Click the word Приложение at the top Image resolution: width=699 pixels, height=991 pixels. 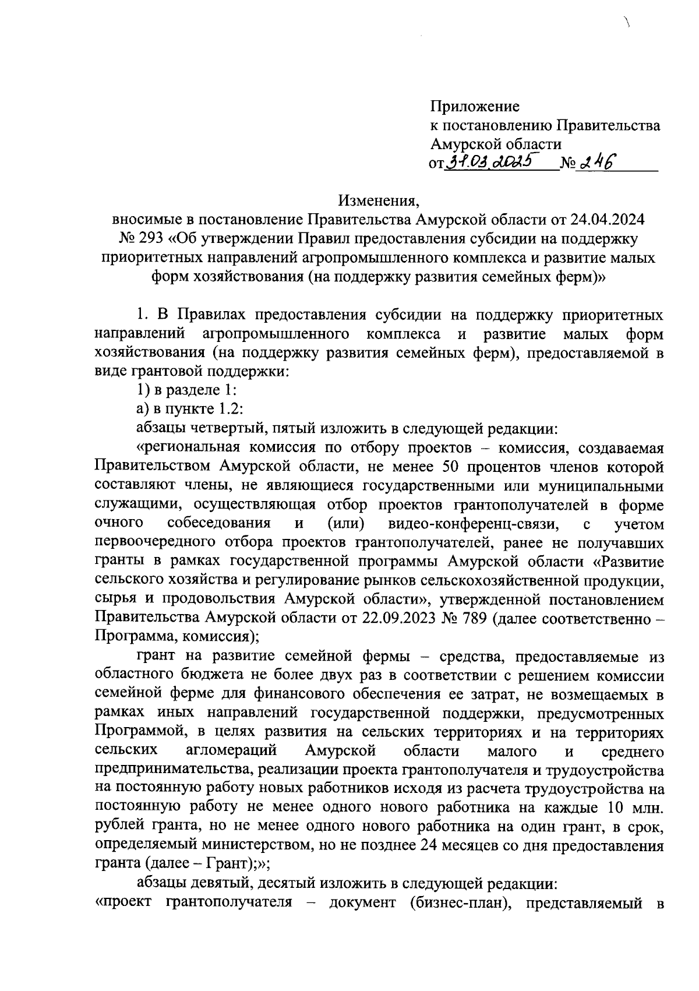(475, 107)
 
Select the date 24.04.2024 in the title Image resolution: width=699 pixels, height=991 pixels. (609, 220)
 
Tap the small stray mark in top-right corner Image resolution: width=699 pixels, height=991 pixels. (628, 23)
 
